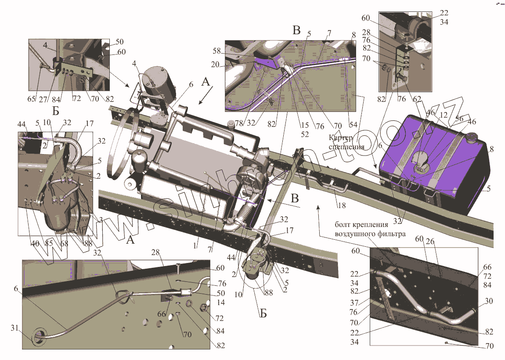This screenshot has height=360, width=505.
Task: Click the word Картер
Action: (340, 137)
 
